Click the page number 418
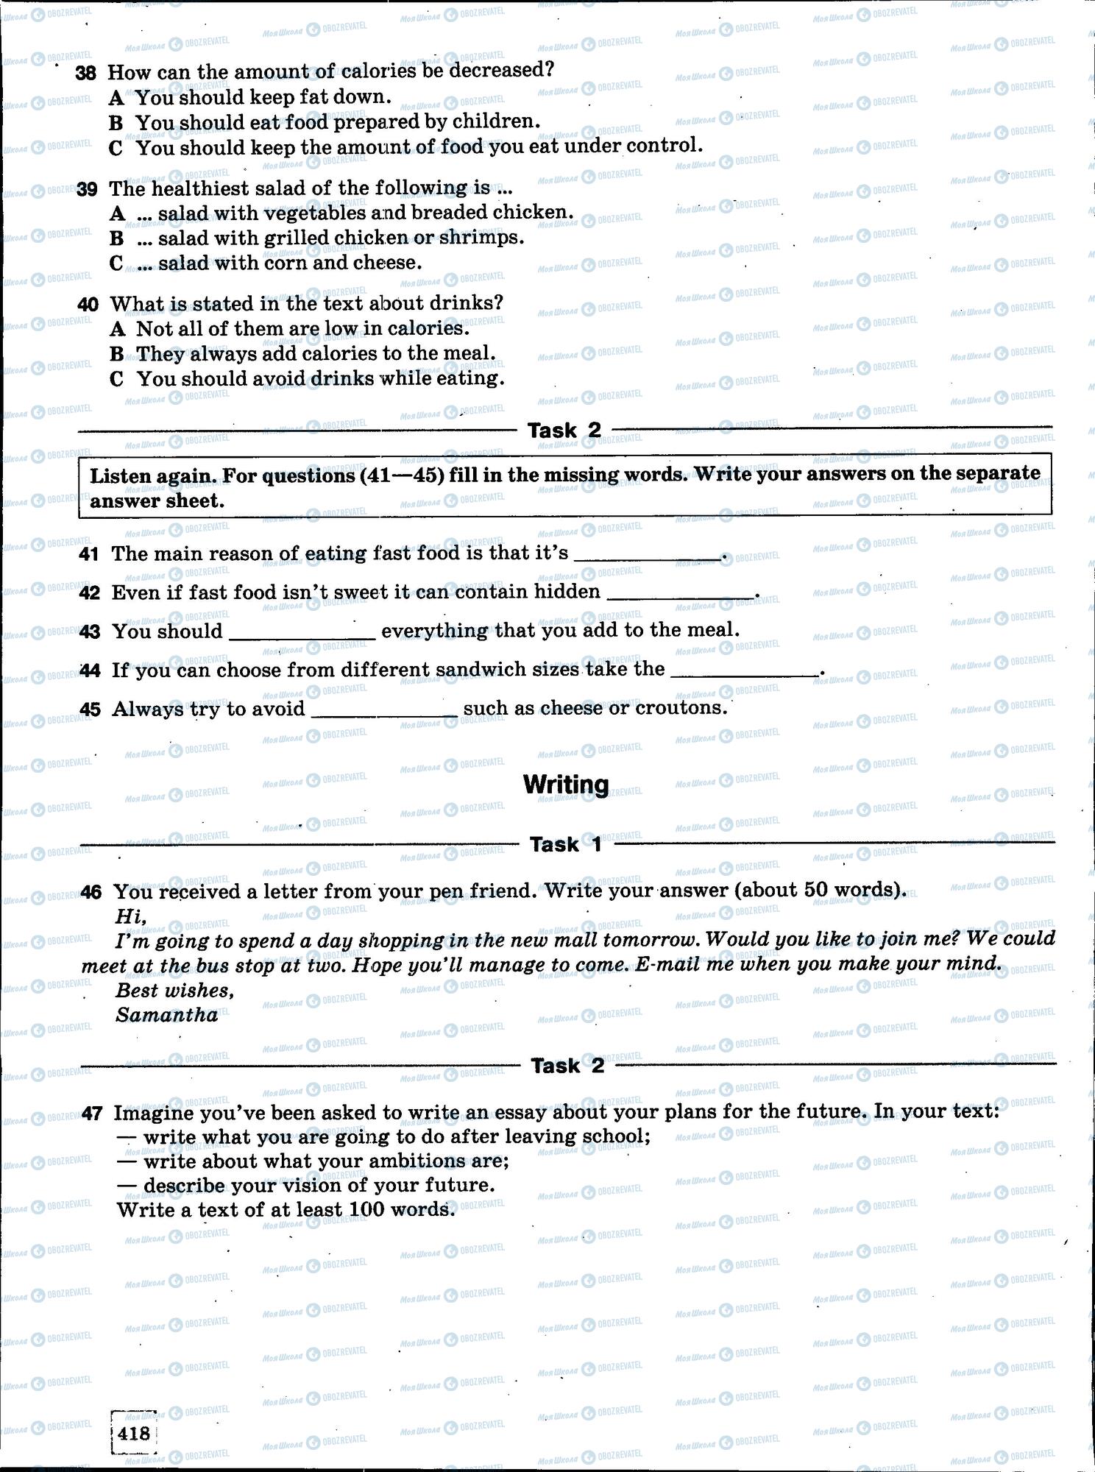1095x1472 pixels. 133,1433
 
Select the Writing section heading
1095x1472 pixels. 565,785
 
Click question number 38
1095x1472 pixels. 86,72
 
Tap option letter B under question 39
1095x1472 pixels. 116,238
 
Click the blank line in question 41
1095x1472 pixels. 648,557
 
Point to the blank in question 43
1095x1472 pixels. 302,635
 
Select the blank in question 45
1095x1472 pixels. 384,712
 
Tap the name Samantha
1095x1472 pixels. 167,1015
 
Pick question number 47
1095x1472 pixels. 91,1114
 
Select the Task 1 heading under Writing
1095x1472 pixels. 565,844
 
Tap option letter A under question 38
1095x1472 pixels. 116,97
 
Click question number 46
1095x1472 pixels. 91,892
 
